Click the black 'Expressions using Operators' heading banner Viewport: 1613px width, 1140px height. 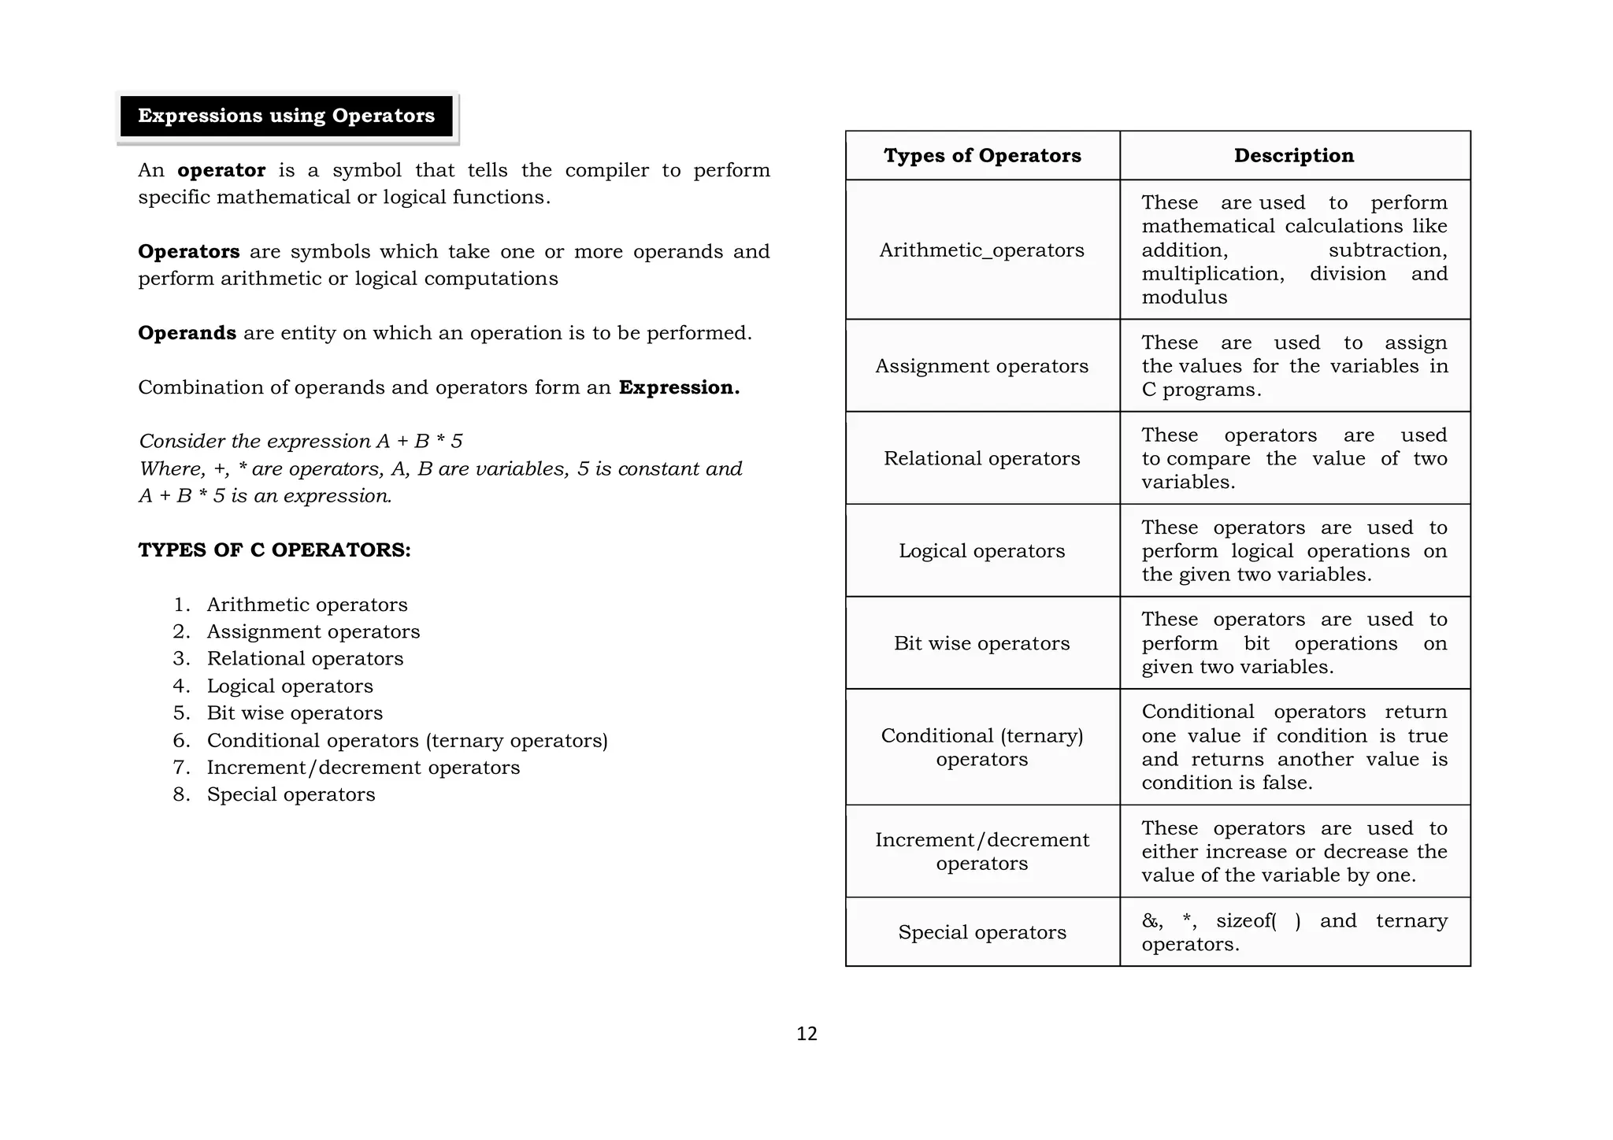(286, 116)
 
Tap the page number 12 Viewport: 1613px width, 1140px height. (806, 1034)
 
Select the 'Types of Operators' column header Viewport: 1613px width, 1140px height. (981, 155)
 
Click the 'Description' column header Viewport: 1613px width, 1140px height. (1293, 155)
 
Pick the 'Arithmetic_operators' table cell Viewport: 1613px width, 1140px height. (981, 250)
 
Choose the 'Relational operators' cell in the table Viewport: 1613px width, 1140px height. (981, 458)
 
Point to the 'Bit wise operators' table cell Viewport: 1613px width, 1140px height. (981, 643)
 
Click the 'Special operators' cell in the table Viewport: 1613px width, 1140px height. (981, 932)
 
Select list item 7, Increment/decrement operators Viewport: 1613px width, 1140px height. (363, 768)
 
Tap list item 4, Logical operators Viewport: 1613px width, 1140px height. (290, 687)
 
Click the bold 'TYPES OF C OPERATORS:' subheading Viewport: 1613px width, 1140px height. (274, 550)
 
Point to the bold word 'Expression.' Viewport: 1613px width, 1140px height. (679, 387)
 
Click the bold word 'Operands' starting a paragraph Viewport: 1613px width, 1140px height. (187, 333)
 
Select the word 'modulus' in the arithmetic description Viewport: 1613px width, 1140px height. (1184, 298)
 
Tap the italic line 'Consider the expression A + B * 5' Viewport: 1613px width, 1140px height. (301, 441)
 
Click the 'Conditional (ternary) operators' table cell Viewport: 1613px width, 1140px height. (981, 747)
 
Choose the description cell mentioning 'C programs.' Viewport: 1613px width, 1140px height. (1294, 366)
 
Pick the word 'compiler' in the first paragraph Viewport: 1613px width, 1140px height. (606, 171)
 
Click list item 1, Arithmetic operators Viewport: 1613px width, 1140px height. (306, 605)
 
